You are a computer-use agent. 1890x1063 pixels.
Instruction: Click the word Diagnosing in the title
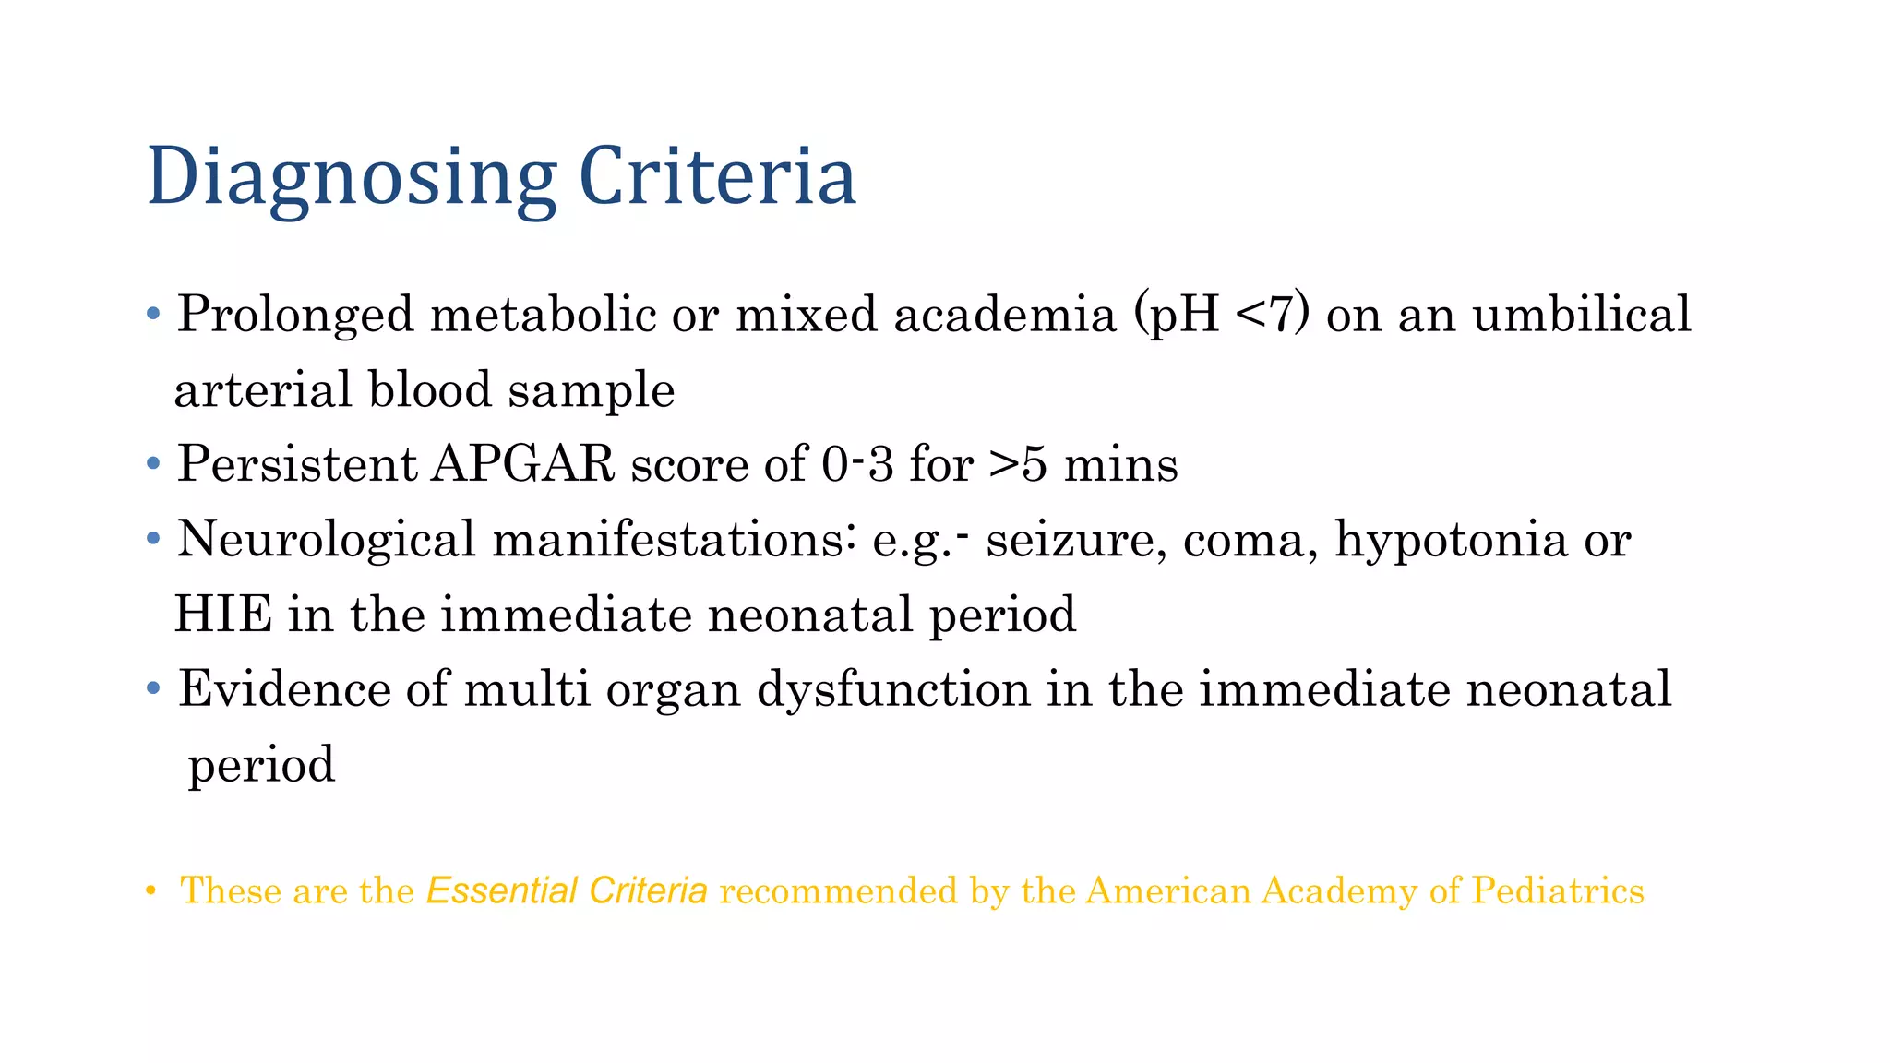(352, 176)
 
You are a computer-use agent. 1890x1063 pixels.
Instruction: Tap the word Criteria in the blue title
(717, 176)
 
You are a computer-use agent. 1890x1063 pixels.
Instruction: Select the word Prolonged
(295, 315)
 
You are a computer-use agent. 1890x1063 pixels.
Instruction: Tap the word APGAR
(522, 463)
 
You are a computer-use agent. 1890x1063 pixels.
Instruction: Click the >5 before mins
(1018, 463)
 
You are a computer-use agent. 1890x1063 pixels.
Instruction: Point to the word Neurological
(326, 539)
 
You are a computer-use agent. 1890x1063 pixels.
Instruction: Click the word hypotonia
(1451, 539)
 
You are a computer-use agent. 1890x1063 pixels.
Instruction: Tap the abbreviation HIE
(223, 615)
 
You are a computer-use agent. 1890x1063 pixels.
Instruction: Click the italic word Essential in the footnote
(501, 890)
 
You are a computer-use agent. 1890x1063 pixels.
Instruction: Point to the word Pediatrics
(1558, 890)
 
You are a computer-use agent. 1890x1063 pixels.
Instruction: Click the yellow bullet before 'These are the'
(150, 890)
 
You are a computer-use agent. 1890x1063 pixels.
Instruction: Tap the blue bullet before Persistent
(154, 463)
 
